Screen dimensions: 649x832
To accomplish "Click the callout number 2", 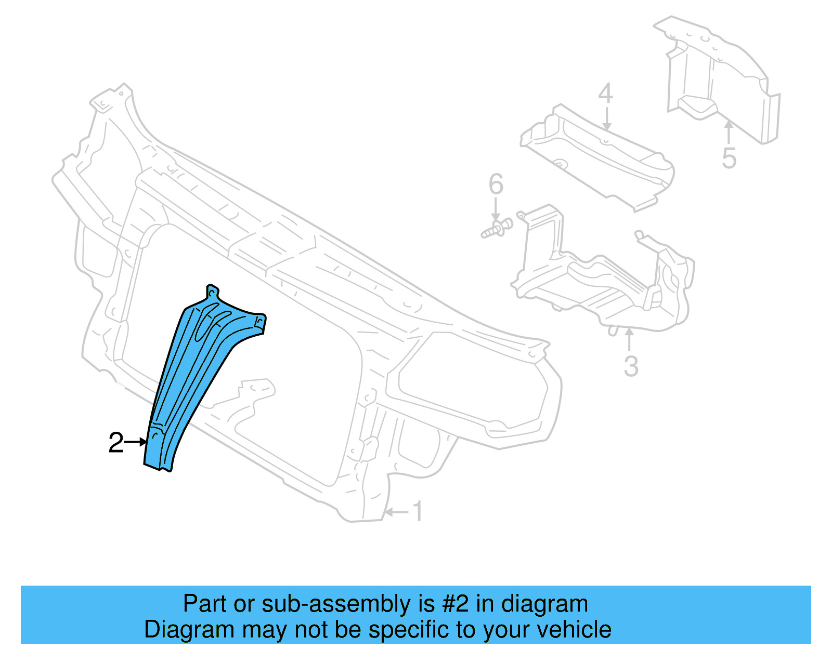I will [x=115, y=443].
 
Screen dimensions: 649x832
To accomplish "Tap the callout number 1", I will [x=418, y=512].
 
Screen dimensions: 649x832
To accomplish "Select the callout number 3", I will [x=631, y=366].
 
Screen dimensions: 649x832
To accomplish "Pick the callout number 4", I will [x=605, y=94].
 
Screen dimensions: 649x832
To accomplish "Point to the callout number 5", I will [x=729, y=158].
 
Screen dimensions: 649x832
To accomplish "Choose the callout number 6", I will [x=496, y=184].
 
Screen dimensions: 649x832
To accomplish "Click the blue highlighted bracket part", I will [x=192, y=374].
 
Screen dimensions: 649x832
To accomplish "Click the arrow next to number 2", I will [x=136, y=442].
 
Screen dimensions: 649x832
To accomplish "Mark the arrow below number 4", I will [x=606, y=118].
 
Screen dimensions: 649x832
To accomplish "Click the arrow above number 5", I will [x=729, y=133].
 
